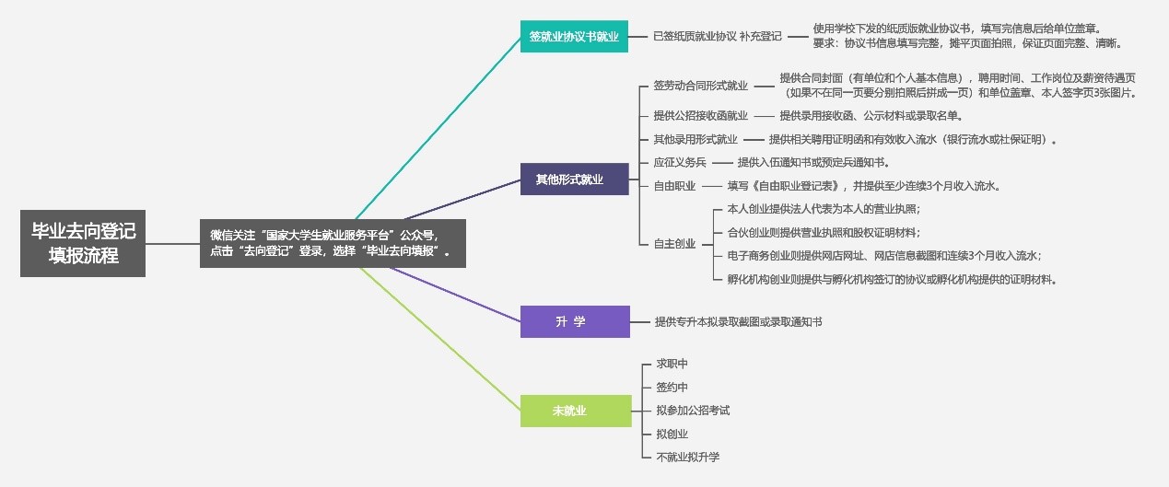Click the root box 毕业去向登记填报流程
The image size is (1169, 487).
[83, 243]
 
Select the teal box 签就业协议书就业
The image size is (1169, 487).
[574, 37]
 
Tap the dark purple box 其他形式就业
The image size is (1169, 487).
[574, 179]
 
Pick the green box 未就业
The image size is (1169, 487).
[574, 411]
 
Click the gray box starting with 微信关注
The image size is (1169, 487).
[333, 243]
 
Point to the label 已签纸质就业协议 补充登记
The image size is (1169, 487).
[717, 37]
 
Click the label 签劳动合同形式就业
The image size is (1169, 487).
[700, 86]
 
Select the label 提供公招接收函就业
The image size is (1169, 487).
[700, 116]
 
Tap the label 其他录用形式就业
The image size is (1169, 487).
[695, 140]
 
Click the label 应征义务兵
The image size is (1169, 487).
[679, 163]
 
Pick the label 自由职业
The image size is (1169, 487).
[674, 186]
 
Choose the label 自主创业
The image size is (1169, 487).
[674, 244]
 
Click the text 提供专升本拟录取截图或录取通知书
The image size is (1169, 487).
[738, 322]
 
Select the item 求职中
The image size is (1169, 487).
[672, 365]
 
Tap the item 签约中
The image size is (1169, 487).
[672, 388]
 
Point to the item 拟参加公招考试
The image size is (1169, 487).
[693, 411]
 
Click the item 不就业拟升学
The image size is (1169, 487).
[687, 457]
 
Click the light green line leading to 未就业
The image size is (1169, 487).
[442, 342]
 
